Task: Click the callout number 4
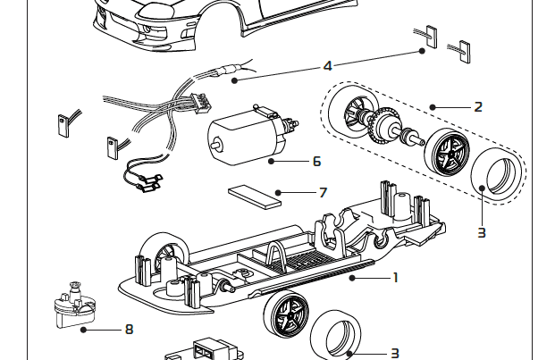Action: click(327, 66)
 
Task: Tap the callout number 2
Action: click(478, 106)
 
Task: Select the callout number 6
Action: click(316, 162)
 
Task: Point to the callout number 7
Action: click(323, 192)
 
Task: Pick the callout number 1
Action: click(395, 277)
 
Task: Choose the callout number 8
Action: click(129, 329)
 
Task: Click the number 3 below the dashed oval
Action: click(482, 232)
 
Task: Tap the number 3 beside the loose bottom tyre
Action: click(394, 354)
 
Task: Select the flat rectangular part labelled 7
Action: click(254, 194)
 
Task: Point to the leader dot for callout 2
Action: click(433, 106)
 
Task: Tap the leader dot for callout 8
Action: click(83, 329)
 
